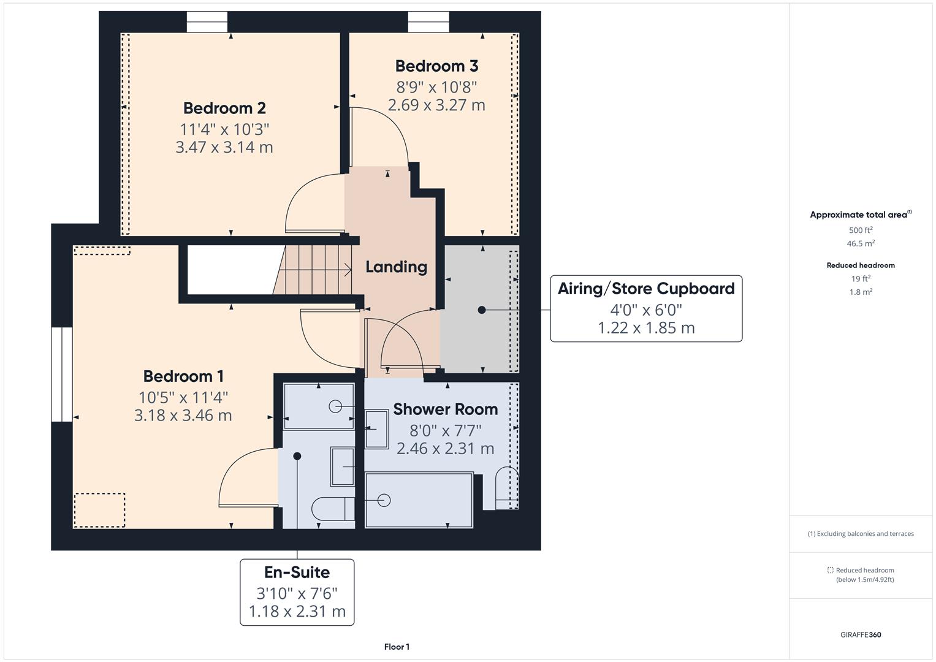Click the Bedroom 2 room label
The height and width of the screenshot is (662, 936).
(x=224, y=108)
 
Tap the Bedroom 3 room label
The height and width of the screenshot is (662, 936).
(x=436, y=66)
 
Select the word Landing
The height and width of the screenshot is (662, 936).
(x=396, y=267)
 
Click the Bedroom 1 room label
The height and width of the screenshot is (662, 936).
(x=183, y=376)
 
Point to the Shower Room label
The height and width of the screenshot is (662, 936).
(x=445, y=409)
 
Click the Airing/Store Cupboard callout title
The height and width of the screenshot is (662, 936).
(x=646, y=289)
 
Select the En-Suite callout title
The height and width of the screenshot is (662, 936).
(x=297, y=572)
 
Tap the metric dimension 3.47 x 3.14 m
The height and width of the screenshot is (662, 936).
(x=224, y=147)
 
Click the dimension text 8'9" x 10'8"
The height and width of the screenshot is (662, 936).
(x=436, y=86)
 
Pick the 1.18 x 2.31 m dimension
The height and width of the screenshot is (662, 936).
(x=297, y=611)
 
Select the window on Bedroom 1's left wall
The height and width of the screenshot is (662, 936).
(x=61, y=374)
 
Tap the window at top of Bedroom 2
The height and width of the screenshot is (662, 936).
(x=207, y=23)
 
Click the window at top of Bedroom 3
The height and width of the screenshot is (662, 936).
(x=428, y=23)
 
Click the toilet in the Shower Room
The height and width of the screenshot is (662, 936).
(x=506, y=489)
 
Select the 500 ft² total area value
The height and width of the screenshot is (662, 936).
(x=861, y=230)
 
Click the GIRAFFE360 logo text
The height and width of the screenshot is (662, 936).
(x=861, y=634)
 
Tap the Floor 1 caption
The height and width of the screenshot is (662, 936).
(x=397, y=647)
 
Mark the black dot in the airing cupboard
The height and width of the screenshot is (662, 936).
(x=482, y=310)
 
